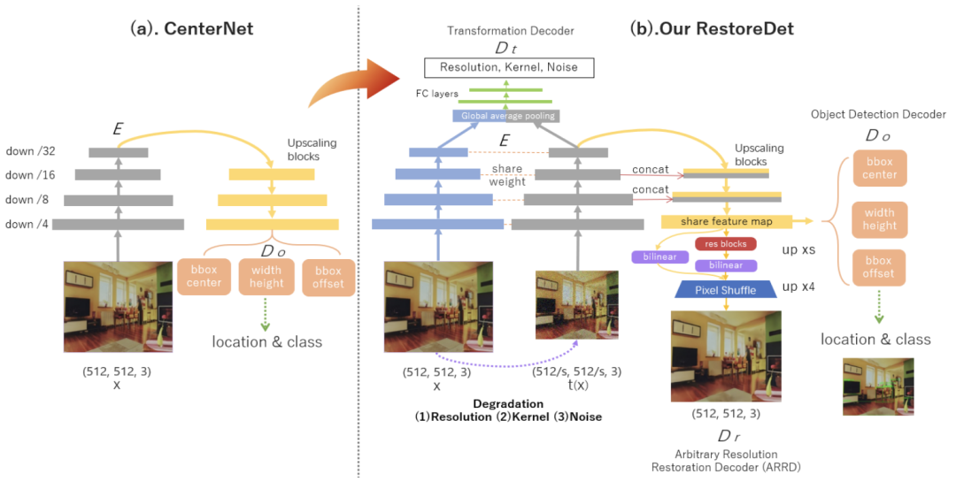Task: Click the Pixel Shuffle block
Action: coord(726,290)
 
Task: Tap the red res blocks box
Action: coord(726,244)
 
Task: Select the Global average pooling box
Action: coord(507,116)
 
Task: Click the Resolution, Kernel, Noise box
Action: coord(508,67)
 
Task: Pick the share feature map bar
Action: coord(726,222)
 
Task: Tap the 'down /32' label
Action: coord(30,151)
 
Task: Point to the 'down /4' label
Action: coord(27,225)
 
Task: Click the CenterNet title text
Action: coord(191,28)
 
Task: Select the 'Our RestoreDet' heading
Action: coord(712,28)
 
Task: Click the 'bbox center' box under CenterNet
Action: coord(204,277)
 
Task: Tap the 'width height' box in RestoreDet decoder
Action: coord(879,219)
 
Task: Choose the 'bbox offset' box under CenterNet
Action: coord(328,277)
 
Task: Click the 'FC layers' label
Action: coord(436,94)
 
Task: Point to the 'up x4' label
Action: coord(798,287)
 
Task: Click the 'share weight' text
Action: coord(506,175)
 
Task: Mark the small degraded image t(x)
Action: coord(577,305)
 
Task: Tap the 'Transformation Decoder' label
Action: coord(511,30)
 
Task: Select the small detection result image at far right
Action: coord(879,387)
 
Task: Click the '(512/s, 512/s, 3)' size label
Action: coord(577,371)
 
